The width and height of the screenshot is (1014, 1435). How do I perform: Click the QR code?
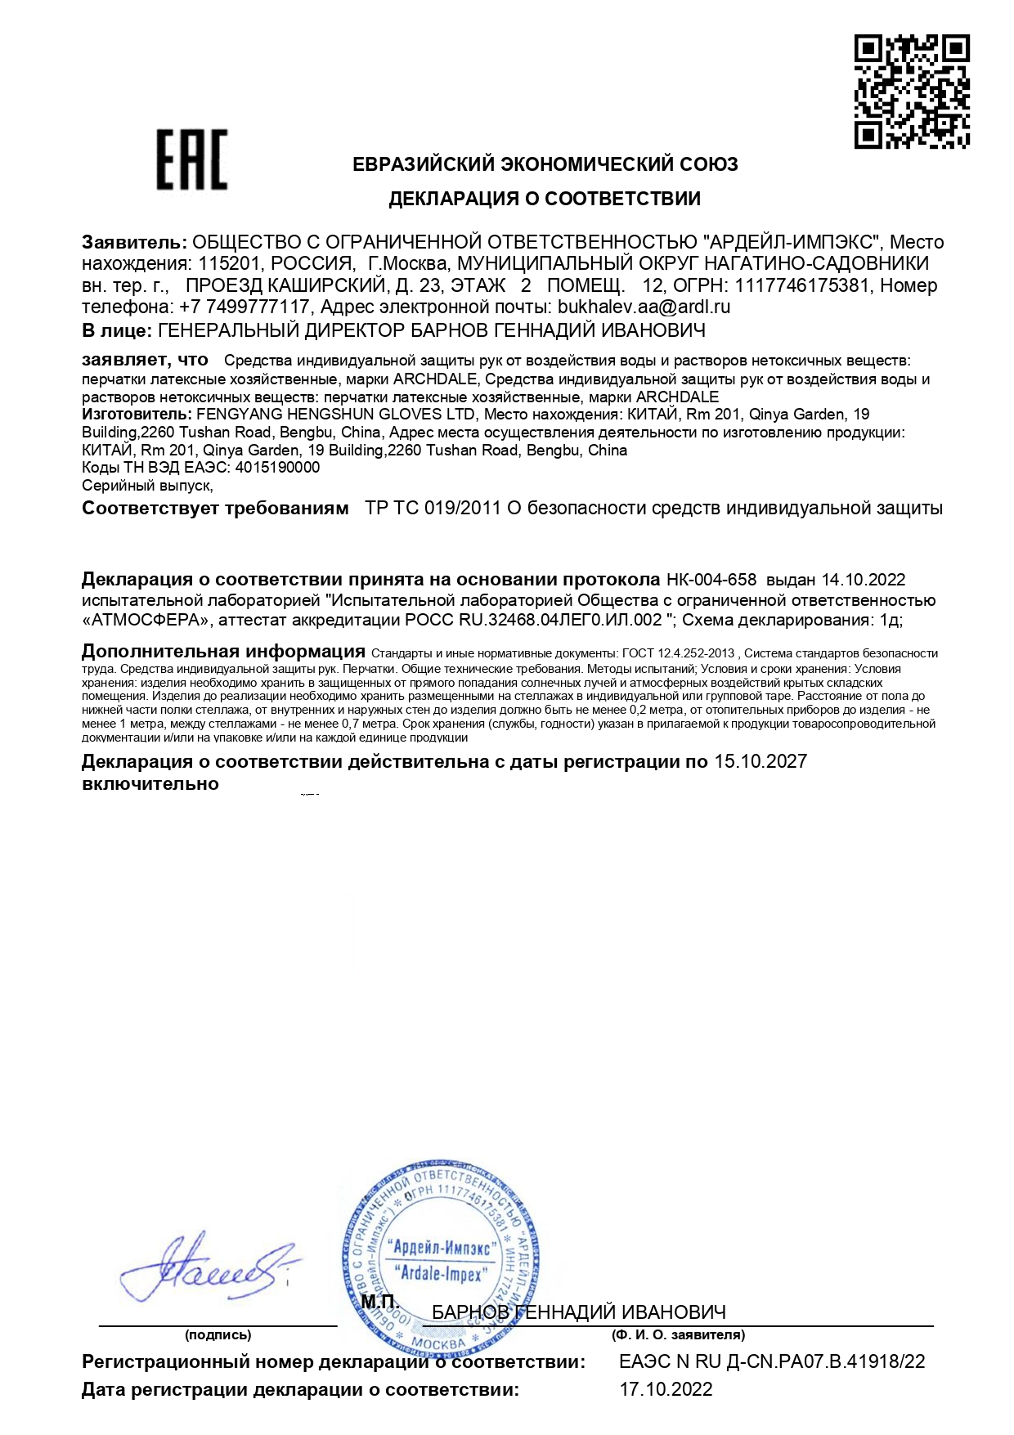912,92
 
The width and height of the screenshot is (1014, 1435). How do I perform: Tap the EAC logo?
192,159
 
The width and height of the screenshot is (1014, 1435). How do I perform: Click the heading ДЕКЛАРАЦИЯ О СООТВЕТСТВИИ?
544,199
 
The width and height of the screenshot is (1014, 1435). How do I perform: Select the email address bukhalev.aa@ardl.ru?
644,307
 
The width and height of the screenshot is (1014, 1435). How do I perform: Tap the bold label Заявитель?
134,242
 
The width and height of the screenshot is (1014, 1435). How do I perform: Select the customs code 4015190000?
277,468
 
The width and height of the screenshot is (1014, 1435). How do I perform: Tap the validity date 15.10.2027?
760,762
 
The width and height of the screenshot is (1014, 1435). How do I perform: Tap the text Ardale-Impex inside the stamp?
442,1274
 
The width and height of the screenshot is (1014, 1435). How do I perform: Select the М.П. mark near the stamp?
379,1301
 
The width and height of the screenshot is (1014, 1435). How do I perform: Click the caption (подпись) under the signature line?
218,1335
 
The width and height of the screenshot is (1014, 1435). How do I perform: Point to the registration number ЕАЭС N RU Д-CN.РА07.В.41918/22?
772,1362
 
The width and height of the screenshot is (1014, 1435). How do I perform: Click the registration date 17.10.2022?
666,1389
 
